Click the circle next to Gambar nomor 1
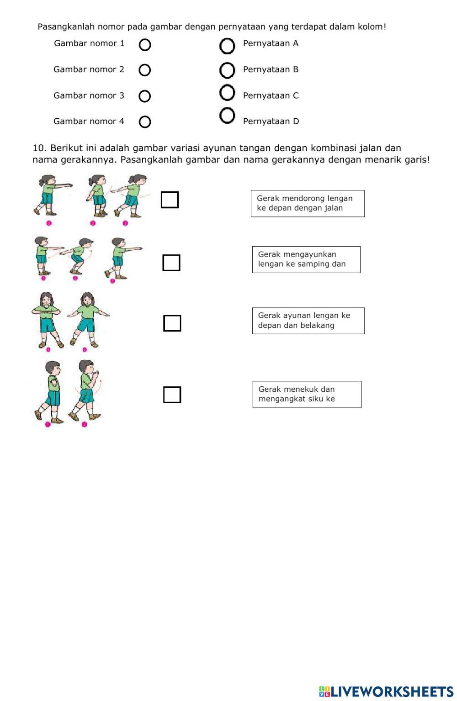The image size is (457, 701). click(x=145, y=45)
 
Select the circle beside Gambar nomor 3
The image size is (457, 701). click(x=145, y=96)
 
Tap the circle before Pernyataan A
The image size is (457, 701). click(x=227, y=46)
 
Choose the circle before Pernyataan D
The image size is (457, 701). click(x=227, y=116)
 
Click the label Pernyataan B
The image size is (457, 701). click(x=271, y=69)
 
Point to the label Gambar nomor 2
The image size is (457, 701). click(x=89, y=69)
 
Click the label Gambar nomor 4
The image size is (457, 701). click(x=89, y=121)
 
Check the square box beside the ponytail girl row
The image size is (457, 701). click(x=170, y=200)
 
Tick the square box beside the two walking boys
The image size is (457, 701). click(x=172, y=395)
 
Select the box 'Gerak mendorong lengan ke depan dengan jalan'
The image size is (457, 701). click(x=308, y=203)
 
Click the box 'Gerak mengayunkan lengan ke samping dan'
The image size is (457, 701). click(x=306, y=259)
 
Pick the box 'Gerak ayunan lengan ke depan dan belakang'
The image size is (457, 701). click(x=308, y=321)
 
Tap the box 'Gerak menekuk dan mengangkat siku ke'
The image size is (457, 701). click(x=307, y=394)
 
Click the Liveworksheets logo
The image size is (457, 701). click(x=386, y=691)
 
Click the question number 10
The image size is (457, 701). click(x=39, y=148)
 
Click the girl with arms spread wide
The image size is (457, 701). click(x=87, y=320)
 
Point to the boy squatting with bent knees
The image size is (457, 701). click(x=77, y=256)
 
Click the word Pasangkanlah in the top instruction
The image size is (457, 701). click(x=66, y=27)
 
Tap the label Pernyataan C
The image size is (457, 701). click(x=271, y=95)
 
